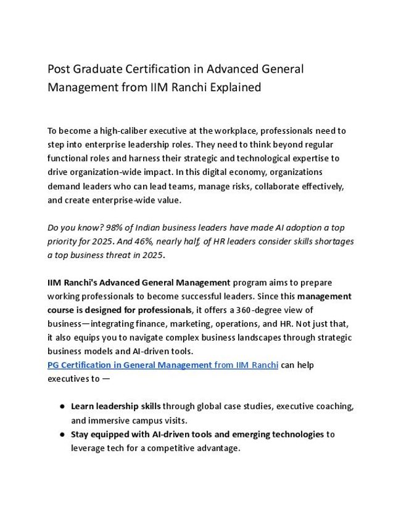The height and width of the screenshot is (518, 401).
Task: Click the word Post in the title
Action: pos(59,69)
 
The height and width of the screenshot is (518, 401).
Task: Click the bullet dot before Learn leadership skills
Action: pos(63,407)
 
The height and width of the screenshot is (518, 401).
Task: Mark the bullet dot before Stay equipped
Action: pos(63,434)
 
